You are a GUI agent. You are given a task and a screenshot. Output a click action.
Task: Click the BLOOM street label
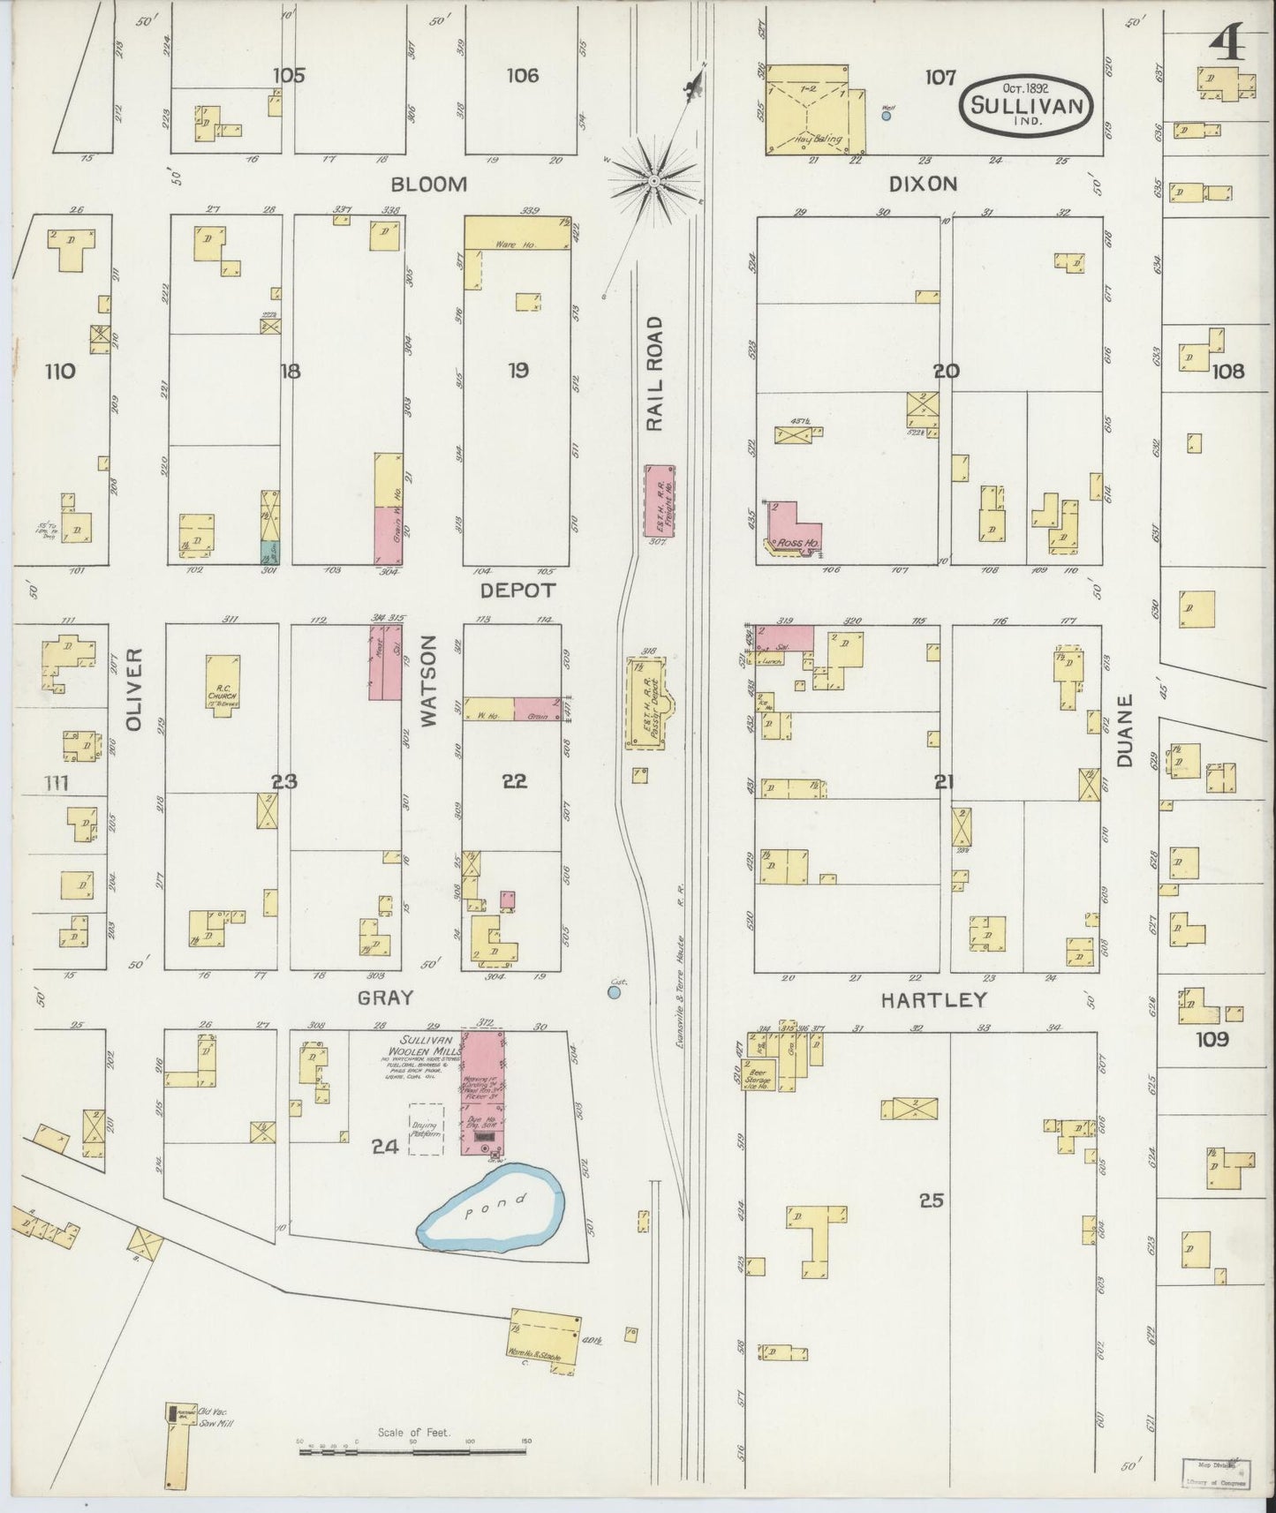429,184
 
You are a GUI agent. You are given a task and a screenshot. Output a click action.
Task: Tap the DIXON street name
924,184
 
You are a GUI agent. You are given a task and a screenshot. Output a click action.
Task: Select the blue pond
491,1206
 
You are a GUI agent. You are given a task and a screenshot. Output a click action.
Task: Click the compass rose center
653,182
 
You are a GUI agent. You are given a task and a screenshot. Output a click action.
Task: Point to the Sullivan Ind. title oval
1028,103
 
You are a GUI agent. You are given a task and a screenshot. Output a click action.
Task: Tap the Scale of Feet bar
412,1449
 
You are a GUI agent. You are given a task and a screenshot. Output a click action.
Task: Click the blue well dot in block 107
887,115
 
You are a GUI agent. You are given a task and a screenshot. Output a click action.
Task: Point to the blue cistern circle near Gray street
615,993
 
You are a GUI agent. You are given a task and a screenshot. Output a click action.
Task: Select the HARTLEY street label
933,1000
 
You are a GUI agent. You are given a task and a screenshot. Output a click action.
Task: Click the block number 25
931,1201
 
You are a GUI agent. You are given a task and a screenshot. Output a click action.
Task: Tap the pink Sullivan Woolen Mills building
482,1091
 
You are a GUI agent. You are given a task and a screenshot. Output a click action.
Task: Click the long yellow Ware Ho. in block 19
516,231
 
